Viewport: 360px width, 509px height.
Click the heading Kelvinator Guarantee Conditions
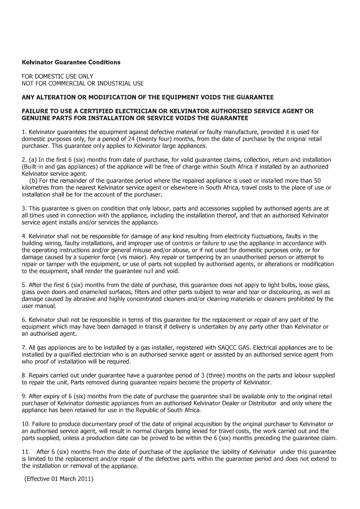point(71,62)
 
